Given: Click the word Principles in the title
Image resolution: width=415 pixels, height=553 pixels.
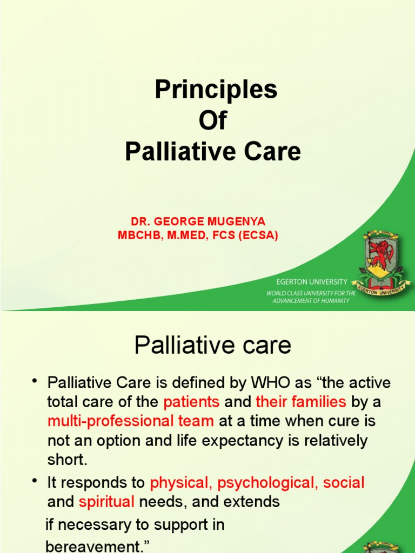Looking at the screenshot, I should [216, 90].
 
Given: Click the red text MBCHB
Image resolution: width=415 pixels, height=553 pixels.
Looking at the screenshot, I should [137, 235].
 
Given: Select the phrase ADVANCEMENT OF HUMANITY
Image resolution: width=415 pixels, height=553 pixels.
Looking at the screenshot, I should [311, 301].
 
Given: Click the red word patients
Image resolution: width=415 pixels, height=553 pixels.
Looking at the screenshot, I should [191, 402].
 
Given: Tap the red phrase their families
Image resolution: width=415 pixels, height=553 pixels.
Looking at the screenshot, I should [301, 402].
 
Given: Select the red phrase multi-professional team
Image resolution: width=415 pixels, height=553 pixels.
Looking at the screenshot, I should [131, 421].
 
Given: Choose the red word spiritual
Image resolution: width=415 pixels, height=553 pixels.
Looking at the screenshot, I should [106, 502].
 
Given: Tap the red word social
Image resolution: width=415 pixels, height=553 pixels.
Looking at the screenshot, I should [344, 482].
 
